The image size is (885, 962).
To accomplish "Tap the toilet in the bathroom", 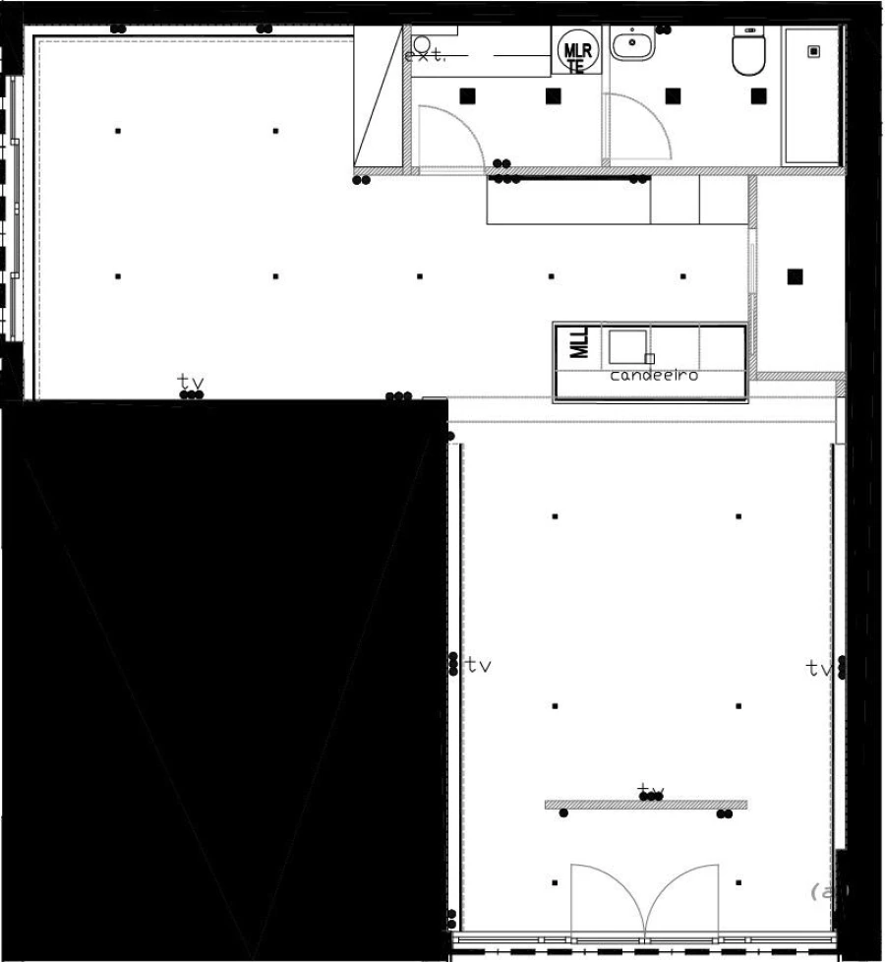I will pyautogui.click(x=748, y=52).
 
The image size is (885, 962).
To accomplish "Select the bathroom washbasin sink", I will pyautogui.click(x=631, y=43).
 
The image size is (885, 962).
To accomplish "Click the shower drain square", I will pyautogui.click(x=813, y=52).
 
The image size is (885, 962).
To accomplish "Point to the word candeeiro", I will pyautogui.click(x=654, y=376).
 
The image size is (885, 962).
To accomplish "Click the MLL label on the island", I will pyautogui.click(x=579, y=342).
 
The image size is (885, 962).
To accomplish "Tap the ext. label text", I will pyautogui.click(x=425, y=56).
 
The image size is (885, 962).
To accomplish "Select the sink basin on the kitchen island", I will pyautogui.click(x=627, y=346).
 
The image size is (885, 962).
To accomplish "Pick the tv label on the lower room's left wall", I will pyautogui.click(x=478, y=665).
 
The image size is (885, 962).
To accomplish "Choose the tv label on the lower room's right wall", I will pyautogui.click(x=818, y=669).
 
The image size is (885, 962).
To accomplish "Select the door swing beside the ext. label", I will pyautogui.click(x=449, y=138).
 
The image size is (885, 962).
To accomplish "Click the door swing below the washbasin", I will pyautogui.click(x=637, y=128).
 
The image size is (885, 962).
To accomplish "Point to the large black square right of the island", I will pyautogui.click(x=795, y=276).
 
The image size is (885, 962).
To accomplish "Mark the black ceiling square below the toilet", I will pyautogui.click(x=758, y=95).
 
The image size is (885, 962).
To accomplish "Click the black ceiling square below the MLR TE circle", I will pyautogui.click(x=553, y=95).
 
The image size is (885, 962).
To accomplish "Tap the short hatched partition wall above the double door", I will pyautogui.click(x=645, y=805).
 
